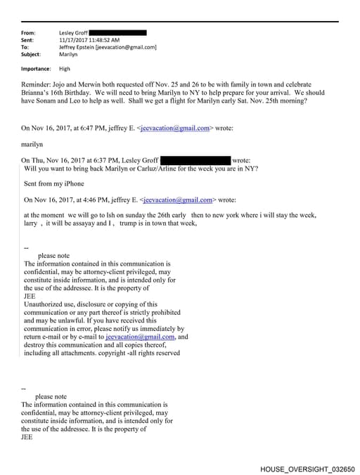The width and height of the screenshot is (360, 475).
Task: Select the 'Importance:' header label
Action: pyautogui.click(x=37, y=69)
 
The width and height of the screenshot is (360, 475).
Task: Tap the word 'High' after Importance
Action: pyautogui.click(x=65, y=69)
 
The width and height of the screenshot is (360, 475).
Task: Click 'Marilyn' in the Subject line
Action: pyautogui.click(x=68, y=54)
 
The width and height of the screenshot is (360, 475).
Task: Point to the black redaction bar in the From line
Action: pyautogui.click(x=118, y=32)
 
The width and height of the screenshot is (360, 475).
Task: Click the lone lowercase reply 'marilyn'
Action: pyautogui.click(x=33, y=144)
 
